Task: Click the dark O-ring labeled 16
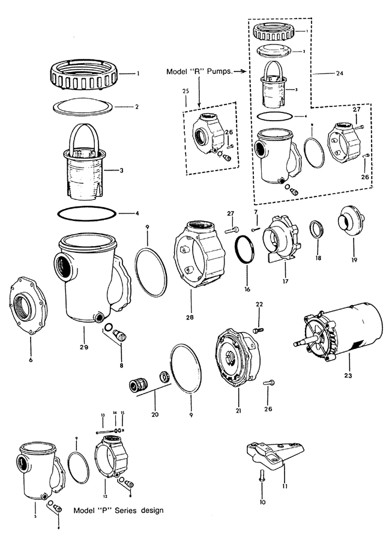pos(244,247)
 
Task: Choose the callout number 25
pos(184,91)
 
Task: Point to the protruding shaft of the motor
pos(300,344)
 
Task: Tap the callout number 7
pos(255,213)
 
